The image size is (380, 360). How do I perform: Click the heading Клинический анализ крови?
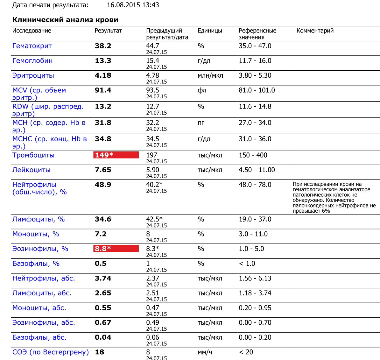65,20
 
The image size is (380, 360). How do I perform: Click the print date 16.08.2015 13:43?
133,5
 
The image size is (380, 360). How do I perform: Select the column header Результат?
108,31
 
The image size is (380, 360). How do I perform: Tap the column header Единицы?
210,31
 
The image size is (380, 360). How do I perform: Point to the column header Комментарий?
315,31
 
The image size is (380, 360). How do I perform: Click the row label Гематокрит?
32,46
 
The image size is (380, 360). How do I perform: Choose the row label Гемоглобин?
32,61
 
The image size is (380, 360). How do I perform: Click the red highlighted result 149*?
116,155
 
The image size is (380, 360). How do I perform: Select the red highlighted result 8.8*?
116,249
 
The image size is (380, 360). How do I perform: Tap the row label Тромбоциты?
33,155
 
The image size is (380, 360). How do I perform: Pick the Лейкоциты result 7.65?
103,170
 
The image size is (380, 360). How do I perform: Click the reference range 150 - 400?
253,155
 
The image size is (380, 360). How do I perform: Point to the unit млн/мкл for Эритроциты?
210,76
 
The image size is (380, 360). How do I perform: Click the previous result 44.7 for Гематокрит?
152,46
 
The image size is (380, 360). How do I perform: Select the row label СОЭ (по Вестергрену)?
51,352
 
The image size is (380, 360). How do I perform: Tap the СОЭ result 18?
100,352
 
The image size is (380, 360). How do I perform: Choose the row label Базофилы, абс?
39,337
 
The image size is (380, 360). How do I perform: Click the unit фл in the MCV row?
202,90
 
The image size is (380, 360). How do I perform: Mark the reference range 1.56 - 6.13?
255,279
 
